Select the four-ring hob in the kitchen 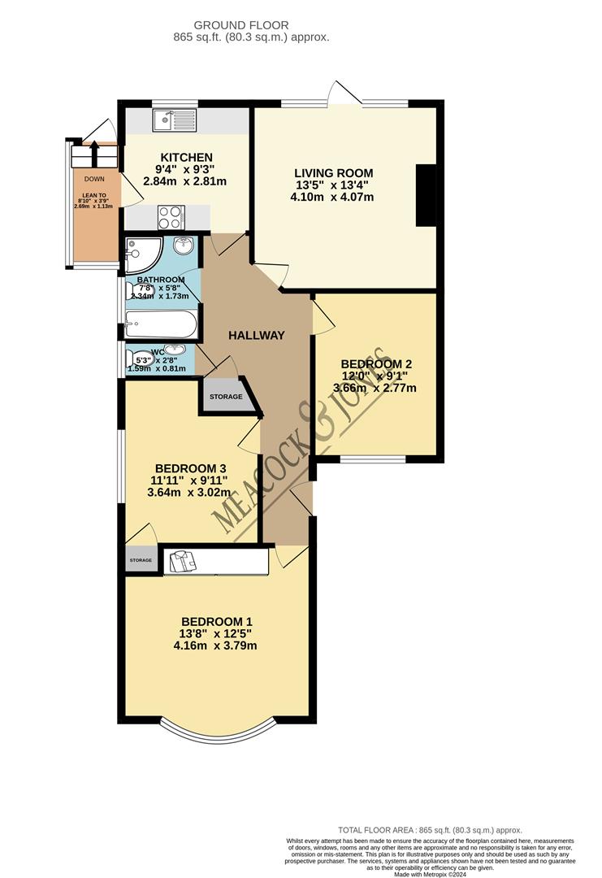click(x=171, y=217)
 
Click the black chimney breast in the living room click(x=425, y=195)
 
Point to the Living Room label click(x=333, y=172)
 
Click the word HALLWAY click(x=256, y=335)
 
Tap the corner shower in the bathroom click(x=143, y=252)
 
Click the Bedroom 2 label click(x=376, y=363)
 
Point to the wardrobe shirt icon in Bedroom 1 click(x=180, y=560)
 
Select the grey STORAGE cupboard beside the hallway click(x=226, y=397)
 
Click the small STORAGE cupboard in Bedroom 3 click(x=141, y=560)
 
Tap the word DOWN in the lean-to click(x=94, y=179)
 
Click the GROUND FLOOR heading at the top click(x=251, y=26)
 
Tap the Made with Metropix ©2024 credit click(x=430, y=873)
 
